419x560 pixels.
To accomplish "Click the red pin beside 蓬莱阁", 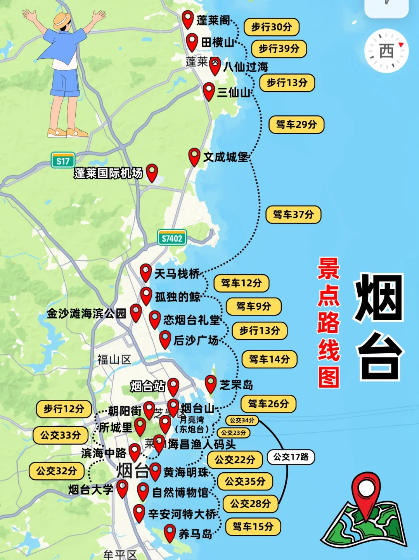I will click(188, 19).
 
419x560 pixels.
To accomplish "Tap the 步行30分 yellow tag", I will click(271, 27).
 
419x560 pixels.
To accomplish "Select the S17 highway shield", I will click(63, 161).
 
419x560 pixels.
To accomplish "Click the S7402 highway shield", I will click(172, 238).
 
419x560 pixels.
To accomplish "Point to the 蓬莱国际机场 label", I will click(108, 173).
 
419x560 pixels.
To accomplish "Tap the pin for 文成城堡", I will click(194, 156).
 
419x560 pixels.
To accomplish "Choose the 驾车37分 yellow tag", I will click(293, 215).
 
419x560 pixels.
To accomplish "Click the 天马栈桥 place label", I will click(177, 274).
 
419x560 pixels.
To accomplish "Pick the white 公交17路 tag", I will click(291, 457).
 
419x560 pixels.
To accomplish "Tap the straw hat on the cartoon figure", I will click(62, 20).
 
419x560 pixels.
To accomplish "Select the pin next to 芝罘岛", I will click(211, 384).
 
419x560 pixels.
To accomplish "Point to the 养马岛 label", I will click(195, 534).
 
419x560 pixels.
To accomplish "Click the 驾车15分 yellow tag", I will click(253, 527).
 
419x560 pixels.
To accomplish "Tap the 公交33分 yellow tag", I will click(61, 435).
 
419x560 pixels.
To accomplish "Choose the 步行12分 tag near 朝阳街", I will click(64, 409).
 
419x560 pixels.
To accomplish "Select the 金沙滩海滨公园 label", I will click(86, 314).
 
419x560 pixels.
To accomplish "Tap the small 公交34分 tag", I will click(242, 420).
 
